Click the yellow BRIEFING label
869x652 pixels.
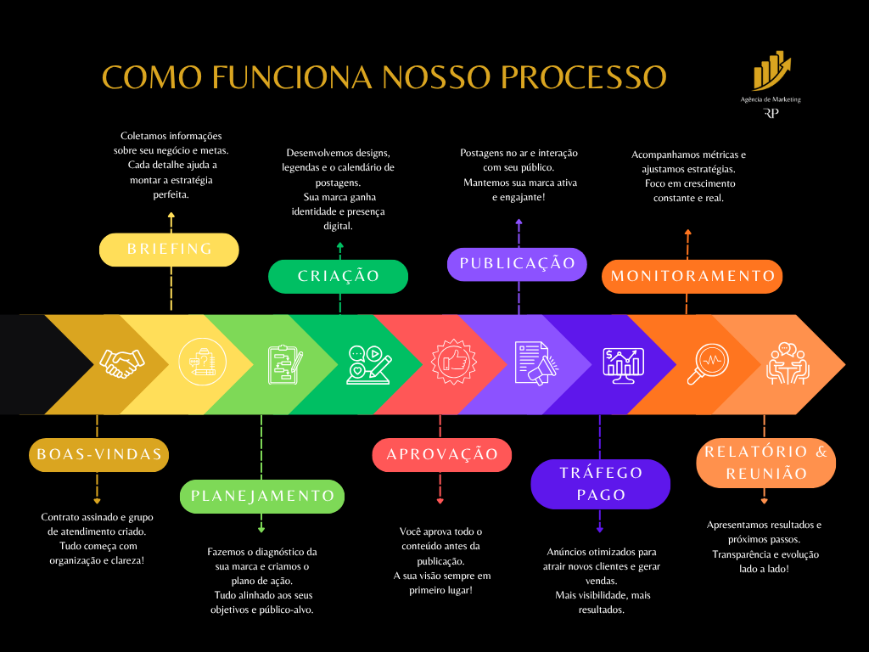click(169, 250)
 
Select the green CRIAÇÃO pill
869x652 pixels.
click(339, 277)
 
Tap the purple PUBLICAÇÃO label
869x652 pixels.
click(517, 264)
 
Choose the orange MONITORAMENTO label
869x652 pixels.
click(692, 277)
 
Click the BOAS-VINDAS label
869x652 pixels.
click(99, 455)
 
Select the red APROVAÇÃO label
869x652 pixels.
click(442, 455)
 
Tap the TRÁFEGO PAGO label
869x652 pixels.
click(601, 484)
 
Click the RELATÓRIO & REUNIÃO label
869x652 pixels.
click(765, 464)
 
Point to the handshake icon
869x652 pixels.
click(120, 363)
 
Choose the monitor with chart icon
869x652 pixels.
click(623, 364)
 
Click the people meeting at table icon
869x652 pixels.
click(788, 363)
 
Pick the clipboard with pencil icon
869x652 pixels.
click(284, 363)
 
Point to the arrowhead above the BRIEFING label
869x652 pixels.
click(171, 216)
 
